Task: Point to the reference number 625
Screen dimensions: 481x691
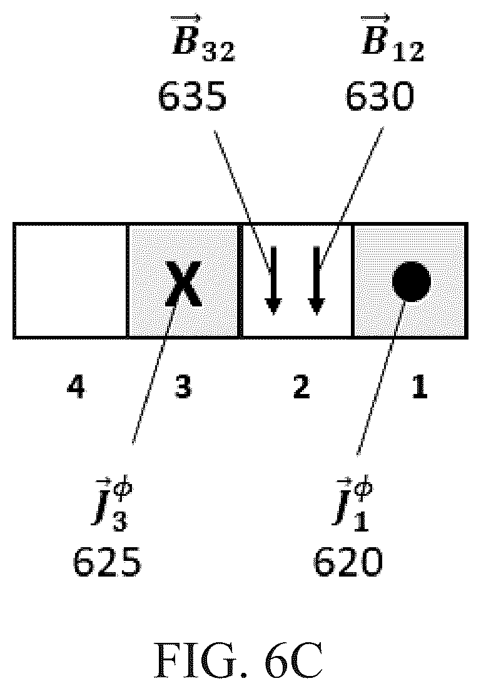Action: click(107, 562)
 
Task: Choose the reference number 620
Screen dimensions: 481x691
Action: click(348, 562)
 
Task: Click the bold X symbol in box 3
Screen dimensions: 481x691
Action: click(184, 283)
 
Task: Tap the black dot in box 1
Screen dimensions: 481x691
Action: click(412, 282)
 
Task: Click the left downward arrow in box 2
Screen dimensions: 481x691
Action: click(274, 281)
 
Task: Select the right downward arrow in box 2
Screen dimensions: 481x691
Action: click(316, 281)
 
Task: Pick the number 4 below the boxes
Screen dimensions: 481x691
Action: click(76, 387)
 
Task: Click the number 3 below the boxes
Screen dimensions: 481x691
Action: click(183, 387)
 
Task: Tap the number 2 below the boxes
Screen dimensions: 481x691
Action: click(302, 387)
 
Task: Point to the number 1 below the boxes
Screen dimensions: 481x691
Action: click(419, 387)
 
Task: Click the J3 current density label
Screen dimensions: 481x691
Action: click(111, 503)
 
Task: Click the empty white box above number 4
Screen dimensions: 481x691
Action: click(71, 281)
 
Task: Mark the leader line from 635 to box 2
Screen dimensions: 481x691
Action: click(243, 201)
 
